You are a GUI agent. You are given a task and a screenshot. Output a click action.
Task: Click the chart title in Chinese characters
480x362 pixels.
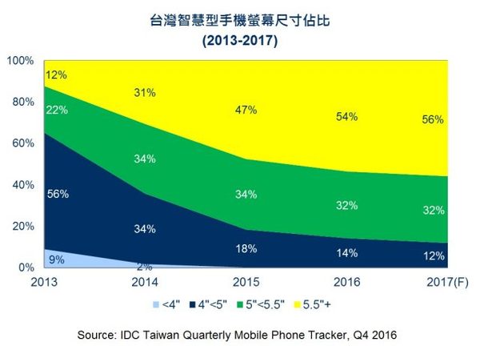[239, 22]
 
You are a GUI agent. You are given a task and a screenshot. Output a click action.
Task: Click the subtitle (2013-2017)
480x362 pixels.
[240, 42]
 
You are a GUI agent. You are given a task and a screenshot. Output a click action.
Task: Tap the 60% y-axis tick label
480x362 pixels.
[22, 143]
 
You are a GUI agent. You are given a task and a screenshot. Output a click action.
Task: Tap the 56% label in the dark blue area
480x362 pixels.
[58, 194]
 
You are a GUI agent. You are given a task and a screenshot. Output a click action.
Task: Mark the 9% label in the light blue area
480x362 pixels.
[56, 258]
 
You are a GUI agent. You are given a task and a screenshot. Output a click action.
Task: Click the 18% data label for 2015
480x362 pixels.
[246, 247]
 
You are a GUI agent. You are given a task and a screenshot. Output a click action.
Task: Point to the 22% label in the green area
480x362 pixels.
[58, 110]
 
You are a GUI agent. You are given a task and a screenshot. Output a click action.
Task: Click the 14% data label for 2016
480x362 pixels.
[346, 252]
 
